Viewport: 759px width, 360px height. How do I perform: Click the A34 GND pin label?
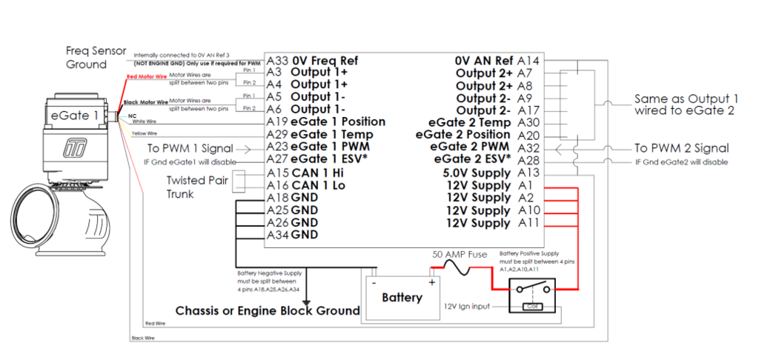tap(292, 235)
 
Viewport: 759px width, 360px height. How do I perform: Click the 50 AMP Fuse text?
tap(460, 254)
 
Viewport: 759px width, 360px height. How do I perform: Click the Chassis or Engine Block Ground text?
tap(267, 310)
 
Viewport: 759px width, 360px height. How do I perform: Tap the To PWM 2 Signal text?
tap(682, 148)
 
